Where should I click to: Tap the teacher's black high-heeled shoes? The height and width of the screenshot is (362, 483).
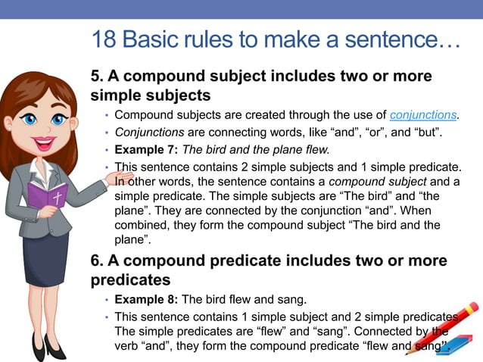45,347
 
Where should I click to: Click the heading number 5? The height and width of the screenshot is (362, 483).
97,77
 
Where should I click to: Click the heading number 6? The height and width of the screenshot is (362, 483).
97,261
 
